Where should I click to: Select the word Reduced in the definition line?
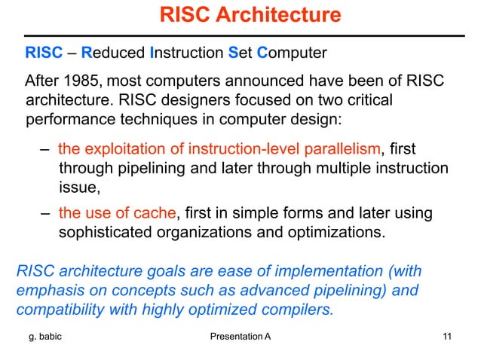115,53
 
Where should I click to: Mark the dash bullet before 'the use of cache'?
46,214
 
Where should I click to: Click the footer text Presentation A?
238,336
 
